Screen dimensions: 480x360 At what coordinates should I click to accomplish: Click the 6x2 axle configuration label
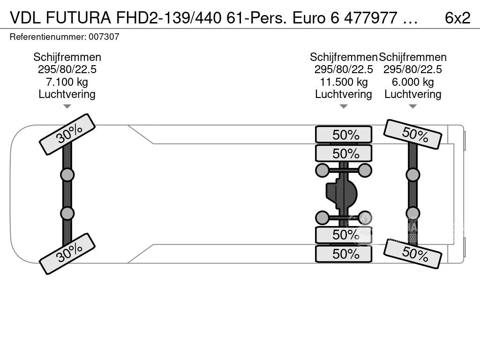point(457,18)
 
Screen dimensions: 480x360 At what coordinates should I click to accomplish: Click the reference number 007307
point(104,37)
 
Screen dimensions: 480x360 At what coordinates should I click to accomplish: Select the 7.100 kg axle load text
point(67,82)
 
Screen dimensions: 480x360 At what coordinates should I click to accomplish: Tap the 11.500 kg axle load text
point(344,82)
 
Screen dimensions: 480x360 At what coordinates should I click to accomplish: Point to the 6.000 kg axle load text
point(412,82)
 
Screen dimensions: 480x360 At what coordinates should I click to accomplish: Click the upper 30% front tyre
point(67,135)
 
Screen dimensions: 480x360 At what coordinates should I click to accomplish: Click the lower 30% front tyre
point(67,254)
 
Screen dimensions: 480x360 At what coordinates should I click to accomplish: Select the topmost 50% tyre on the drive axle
point(344,135)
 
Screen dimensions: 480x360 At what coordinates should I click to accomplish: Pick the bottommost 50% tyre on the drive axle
point(344,254)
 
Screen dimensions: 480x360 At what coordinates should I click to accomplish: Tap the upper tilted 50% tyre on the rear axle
point(412,134)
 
